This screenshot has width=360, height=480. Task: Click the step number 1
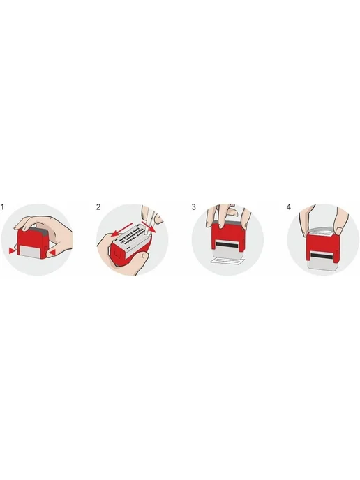tap(3, 207)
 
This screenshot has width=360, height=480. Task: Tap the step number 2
tap(98, 207)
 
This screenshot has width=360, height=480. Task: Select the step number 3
tap(193, 207)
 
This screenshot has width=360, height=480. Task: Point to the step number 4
tap(289, 207)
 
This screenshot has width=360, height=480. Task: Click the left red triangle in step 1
tap(12, 251)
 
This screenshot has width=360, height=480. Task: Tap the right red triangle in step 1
tap(53, 253)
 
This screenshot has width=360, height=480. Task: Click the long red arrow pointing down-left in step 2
tap(122, 230)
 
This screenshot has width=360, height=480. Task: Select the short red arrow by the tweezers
tap(149, 227)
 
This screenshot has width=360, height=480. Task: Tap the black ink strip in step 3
tap(227, 244)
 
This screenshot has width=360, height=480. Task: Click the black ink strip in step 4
tap(323, 255)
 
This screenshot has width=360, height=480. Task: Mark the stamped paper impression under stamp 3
tap(227, 261)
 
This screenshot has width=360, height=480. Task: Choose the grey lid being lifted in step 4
tap(322, 230)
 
